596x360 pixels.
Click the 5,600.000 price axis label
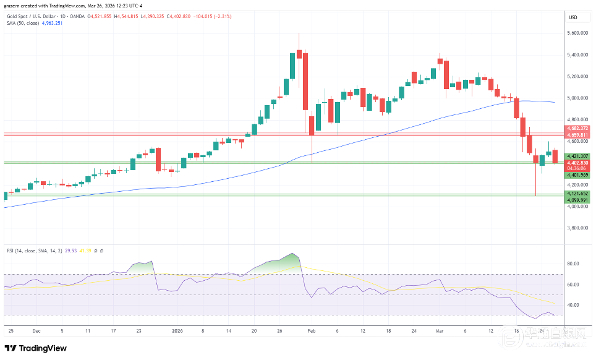577,33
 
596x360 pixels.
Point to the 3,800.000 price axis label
577,228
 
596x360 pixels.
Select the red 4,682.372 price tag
577,127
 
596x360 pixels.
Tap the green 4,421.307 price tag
577,156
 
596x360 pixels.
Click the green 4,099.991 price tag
577,200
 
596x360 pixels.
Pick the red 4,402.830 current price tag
577,162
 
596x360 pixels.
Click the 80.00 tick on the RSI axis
573,264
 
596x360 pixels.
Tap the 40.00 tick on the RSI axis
573,305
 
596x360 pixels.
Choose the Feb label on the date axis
311,331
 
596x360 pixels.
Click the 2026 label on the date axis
177,331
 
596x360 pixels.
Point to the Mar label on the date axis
439,331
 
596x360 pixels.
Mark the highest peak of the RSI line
293,254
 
